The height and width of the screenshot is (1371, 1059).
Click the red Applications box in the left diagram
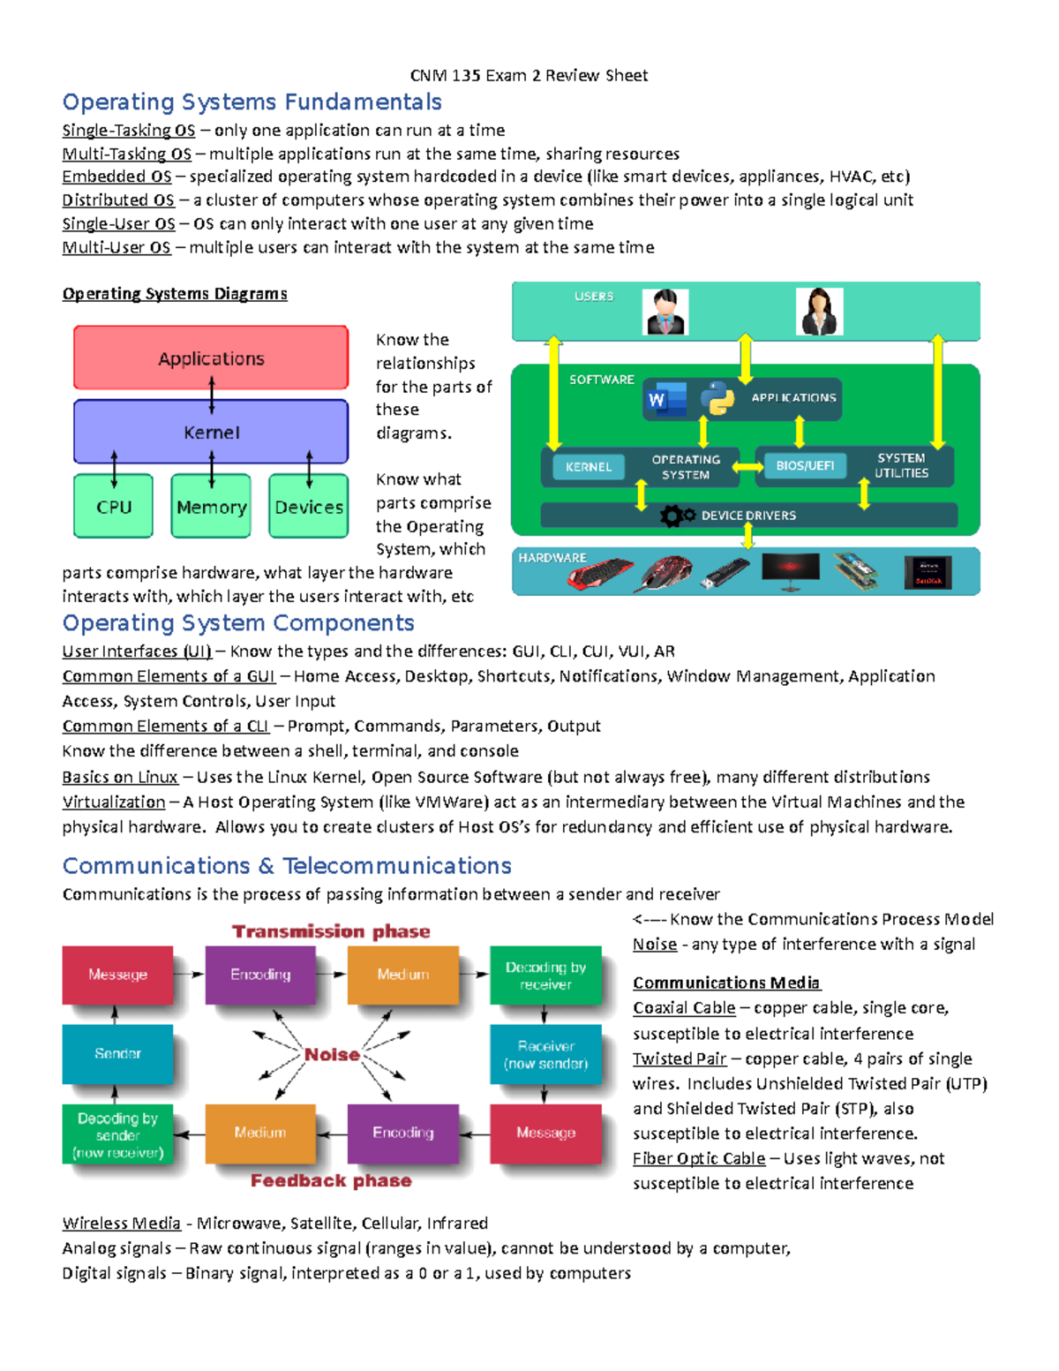point(211,358)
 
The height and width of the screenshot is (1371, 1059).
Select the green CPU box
point(114,507)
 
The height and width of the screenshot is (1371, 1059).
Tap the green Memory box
point(211,507)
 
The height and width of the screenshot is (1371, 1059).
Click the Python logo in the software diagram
point(717,398)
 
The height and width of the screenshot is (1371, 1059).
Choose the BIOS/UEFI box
point(804,465)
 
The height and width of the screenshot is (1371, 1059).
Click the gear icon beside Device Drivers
point(676,516)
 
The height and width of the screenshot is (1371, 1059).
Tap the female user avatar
point(819,312)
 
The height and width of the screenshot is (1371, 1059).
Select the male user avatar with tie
point(665,312)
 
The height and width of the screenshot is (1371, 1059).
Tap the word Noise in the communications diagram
point(332,1054)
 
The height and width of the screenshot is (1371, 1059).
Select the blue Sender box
point(117,1053)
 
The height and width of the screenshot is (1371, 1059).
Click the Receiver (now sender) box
point(545,1054)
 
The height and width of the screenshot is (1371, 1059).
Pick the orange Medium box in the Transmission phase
point(403,975)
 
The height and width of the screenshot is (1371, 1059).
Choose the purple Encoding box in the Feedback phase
point(403,1133)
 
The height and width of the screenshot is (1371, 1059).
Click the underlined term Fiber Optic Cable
point(699,1158)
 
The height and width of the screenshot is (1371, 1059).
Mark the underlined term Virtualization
point(113,802)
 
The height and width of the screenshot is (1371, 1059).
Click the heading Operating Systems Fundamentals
point(252,102)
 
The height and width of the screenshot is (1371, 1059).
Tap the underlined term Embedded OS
point(116,177)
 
